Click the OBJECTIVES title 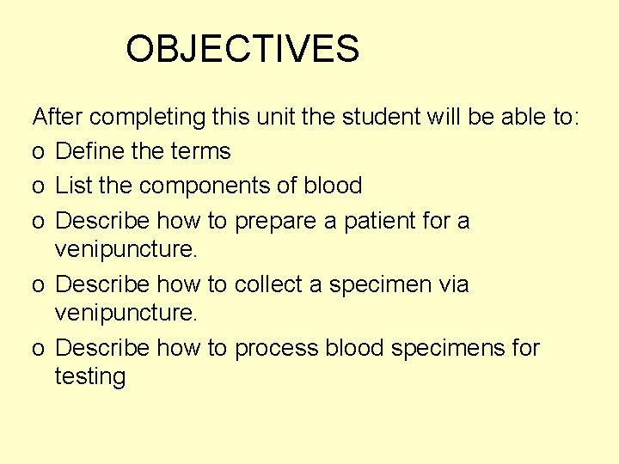[242, 49]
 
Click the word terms [199, 151]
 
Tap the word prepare [275, 221]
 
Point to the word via [451, 284]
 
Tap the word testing [90, 376]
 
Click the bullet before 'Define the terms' [38, 153]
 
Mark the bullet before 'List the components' [38, 186]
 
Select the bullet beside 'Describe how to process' [38, 350]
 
